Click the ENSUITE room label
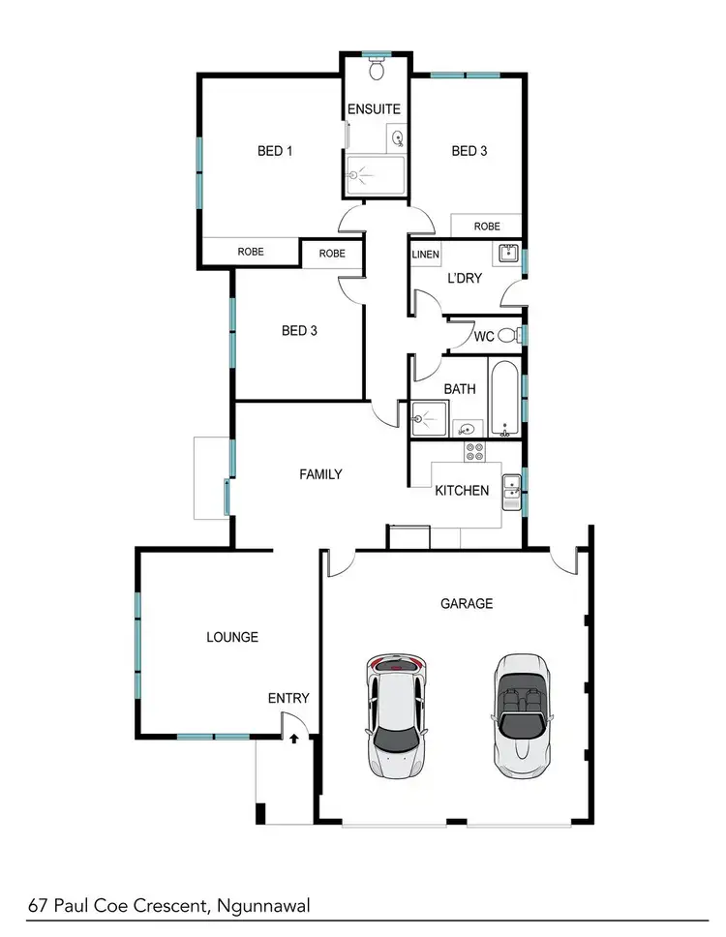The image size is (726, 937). (374, 109)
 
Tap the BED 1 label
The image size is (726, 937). (275, 151)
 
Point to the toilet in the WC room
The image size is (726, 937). (519, 336)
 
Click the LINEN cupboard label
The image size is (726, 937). (425, 256)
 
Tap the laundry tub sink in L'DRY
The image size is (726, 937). (508, 256)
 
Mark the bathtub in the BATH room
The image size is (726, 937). (504, 398)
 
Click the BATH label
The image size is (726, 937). (460, 389)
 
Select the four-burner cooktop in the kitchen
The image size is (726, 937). (474, 450)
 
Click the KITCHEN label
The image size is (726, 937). (462, 491)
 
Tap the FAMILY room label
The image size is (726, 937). (320, 474)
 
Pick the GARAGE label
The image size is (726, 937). (467, 603)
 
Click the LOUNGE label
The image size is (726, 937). (232, 637)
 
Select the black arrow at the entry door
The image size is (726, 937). (294, 738)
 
